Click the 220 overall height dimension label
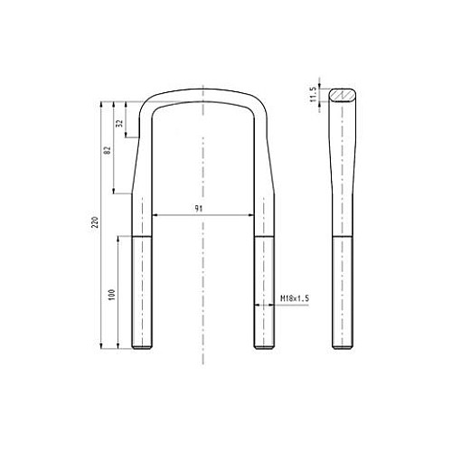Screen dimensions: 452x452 point(95,222)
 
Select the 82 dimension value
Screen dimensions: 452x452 point(108,150)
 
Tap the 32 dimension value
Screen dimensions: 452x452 point(120,123)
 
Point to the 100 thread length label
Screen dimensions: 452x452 point(112,295)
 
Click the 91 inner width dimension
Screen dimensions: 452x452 point(199,209)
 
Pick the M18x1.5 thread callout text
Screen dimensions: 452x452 point(295,298)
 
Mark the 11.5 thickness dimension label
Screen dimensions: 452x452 point(313,94)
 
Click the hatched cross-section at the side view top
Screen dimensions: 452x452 point(342,96)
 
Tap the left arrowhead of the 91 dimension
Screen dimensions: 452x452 point(155,215)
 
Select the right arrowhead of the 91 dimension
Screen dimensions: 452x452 point(250,215)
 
